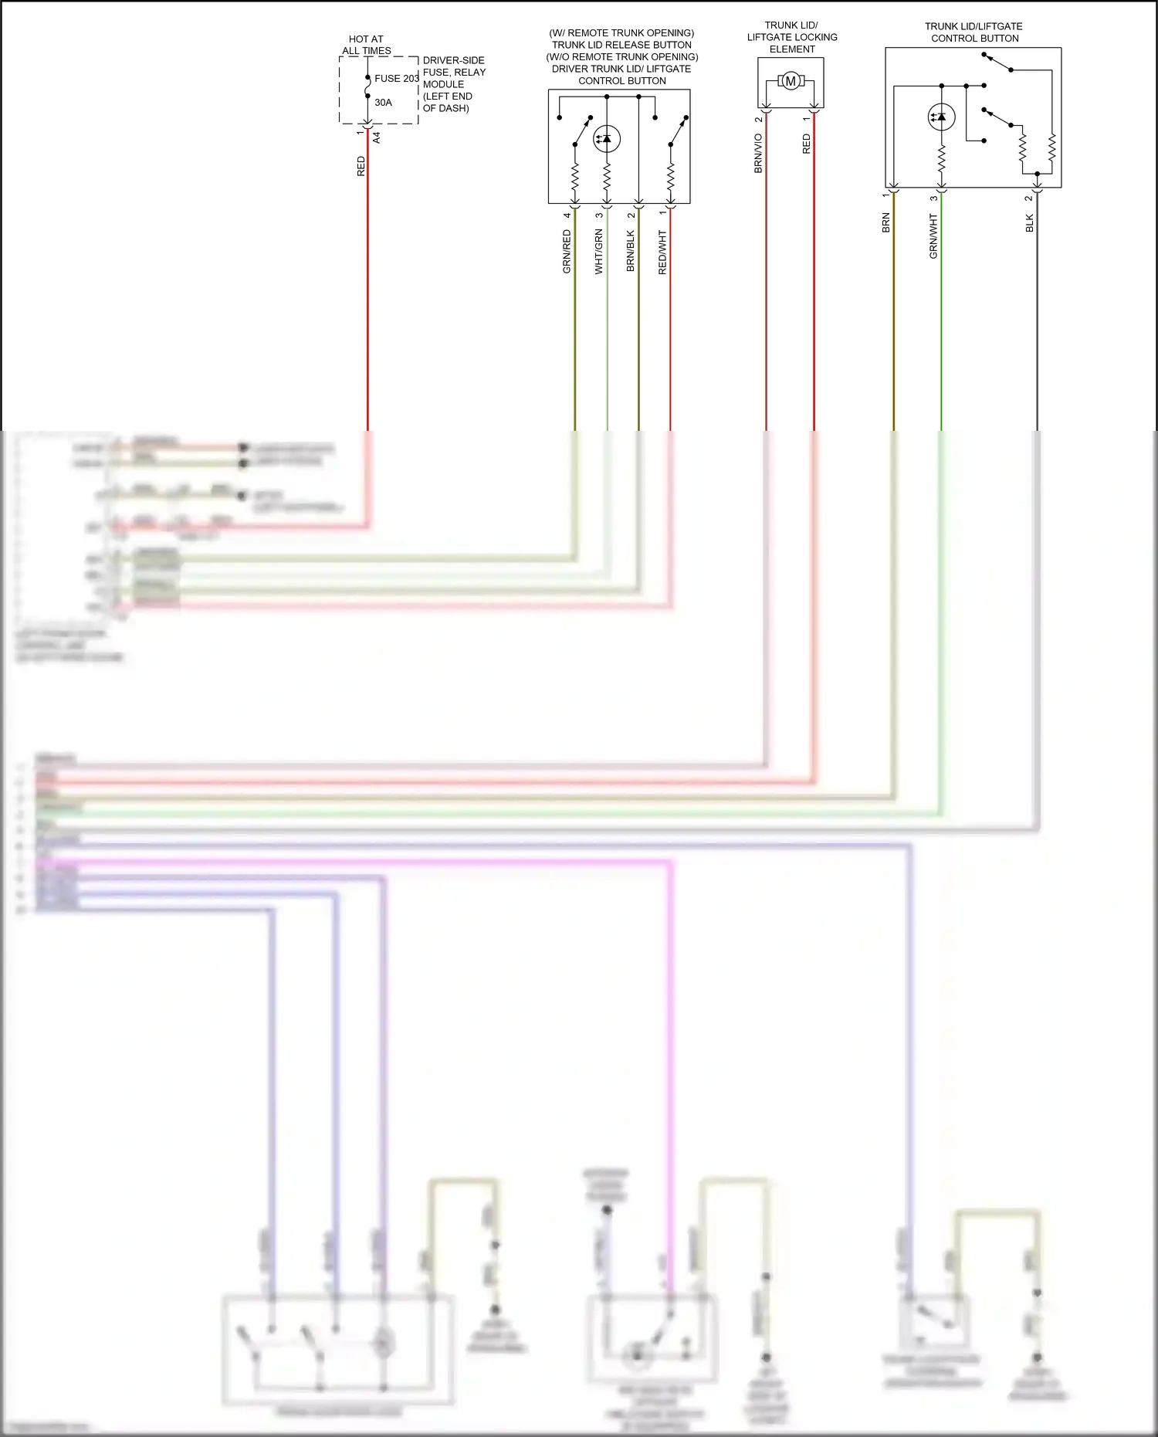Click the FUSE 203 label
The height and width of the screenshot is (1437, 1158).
click(x=396, y=78)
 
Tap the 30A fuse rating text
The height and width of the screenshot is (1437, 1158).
click(x=383, y=102)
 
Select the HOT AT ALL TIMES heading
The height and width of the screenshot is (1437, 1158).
click(x=366, y=45)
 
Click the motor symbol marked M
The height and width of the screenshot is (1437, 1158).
click(x=791, y=80)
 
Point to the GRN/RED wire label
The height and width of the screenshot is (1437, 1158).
click(x=567, y=252)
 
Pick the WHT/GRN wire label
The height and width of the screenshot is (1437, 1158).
click(x=598, y=252)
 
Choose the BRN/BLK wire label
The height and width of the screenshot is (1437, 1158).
click(x=630, y=250)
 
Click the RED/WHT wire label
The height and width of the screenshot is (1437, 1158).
click(x=662, y=252)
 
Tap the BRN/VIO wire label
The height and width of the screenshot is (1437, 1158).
click(x=758, y=153)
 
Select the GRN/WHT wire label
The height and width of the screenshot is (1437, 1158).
click(x=933, y=237)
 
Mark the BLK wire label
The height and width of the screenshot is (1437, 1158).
click(x=1028, y=223)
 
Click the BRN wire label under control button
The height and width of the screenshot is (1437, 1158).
click(x=885, y=222)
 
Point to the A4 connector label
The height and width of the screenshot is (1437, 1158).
click(x=377, y=137)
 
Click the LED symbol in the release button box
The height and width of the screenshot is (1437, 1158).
click(x=607, y=139)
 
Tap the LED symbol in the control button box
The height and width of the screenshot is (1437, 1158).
click(x=941, y=117)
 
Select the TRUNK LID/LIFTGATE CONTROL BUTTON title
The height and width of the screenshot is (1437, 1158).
click(x=973, y=32)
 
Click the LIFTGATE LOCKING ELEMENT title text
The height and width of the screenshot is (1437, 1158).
click(x=792, y=37)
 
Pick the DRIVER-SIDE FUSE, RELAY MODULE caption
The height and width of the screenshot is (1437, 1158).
click(x=454, y=83)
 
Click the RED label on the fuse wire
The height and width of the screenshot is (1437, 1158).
click(x=361, y=166)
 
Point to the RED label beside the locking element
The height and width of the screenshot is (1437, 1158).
click(x=806, y=144)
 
